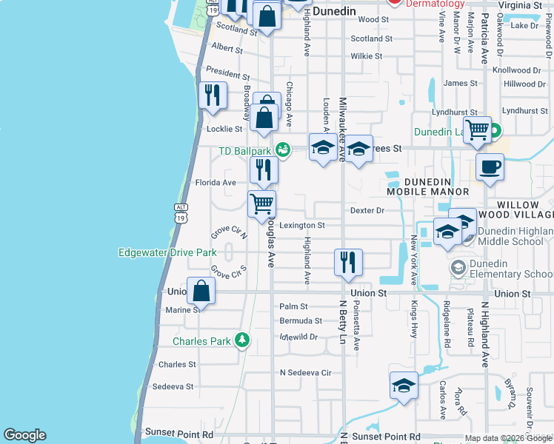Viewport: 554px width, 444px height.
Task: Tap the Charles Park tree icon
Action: [241, 340]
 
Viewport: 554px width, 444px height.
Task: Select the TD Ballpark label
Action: [245, 151]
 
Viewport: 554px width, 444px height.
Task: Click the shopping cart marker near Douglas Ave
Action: [261, 203]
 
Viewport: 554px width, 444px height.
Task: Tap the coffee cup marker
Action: [490, 166]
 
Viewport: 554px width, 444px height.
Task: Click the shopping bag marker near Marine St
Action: [201, 290]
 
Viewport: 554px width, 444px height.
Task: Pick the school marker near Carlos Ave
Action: [404, 385]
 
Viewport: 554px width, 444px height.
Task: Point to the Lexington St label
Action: [302, 225]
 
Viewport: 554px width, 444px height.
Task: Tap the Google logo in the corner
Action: [24, 435]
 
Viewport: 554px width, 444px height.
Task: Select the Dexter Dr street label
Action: [367, 210]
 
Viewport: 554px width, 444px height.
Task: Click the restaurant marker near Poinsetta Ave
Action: [348, 262]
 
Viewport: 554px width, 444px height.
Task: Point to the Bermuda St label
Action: [301, 321]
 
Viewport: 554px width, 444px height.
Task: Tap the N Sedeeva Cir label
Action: [305, 372]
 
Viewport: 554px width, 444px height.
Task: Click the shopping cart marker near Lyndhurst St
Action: [478, 130]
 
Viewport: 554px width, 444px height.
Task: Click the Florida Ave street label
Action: [215, 182]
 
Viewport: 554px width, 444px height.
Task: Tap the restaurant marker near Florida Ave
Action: [263, 170]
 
